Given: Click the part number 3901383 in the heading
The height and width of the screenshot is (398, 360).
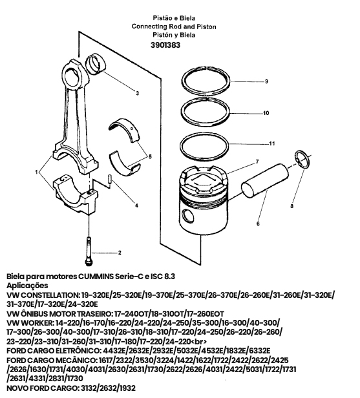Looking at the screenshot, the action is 165,45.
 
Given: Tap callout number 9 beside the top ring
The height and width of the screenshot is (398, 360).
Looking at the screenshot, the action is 266,81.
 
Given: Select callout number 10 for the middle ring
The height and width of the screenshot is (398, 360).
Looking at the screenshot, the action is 266,113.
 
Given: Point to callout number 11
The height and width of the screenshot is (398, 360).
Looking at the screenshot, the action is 272,143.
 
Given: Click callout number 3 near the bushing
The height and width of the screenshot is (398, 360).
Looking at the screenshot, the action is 138,93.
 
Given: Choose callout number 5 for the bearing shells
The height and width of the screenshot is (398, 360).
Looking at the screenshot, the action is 150,156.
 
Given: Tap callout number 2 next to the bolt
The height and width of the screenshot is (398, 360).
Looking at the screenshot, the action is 120,253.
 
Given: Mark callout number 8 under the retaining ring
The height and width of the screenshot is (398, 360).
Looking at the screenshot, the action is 291,206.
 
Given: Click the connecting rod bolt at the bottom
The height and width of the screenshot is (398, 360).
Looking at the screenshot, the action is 89,251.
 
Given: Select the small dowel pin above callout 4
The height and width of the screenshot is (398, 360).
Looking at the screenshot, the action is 109,179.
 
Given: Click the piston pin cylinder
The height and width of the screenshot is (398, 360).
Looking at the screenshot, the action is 265,181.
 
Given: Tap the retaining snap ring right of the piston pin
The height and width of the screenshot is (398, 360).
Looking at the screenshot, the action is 302,160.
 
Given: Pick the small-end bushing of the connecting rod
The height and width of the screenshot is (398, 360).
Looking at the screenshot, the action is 95,64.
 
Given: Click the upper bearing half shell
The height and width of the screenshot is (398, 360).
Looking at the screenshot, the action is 125,130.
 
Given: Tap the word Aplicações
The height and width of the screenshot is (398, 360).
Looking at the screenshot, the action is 27,286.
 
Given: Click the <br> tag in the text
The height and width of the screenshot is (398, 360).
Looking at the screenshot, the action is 199,341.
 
